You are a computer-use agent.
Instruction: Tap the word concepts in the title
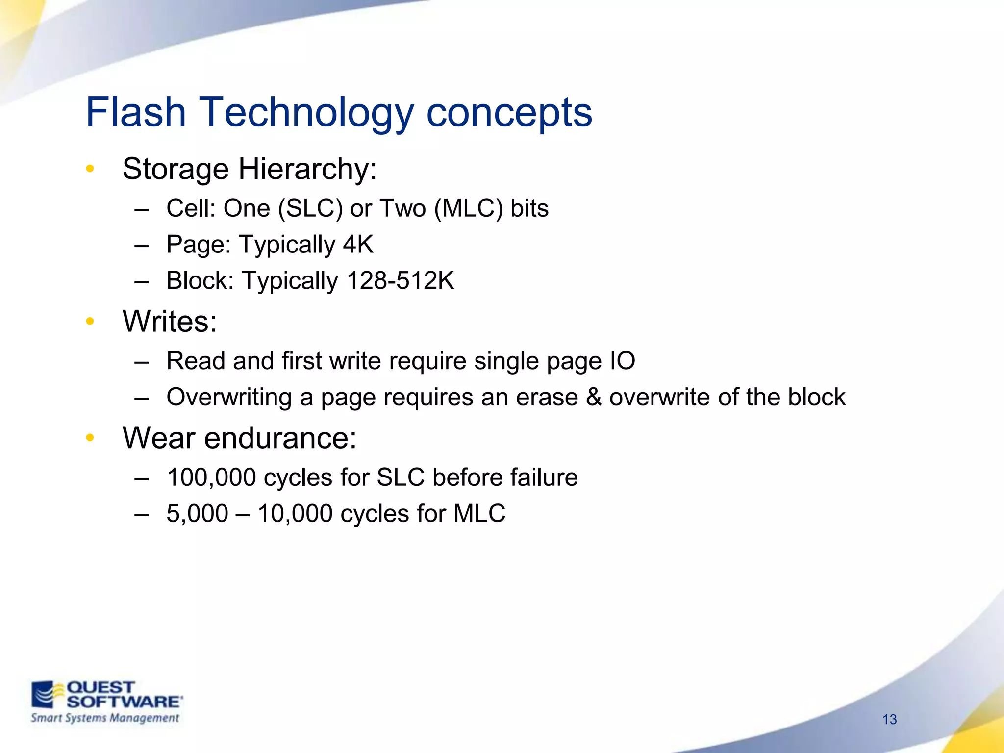[509, 113]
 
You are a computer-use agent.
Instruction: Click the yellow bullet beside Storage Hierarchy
[90, 169]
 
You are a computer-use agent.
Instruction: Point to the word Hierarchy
[307, 169]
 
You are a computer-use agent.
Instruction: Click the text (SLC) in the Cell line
[310, 208]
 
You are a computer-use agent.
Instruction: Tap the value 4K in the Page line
[358, 244]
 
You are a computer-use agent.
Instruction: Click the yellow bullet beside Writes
[90, 321]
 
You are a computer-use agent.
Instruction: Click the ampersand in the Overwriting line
[594, 397]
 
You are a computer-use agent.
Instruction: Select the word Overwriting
[229, 397]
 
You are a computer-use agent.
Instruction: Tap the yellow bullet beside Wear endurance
[90, 437]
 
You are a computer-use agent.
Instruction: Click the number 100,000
[211, 477]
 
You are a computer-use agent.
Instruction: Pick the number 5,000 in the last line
[197, 514]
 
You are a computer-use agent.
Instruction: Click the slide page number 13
[889, 719]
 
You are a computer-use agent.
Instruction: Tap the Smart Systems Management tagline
[105, 718]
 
